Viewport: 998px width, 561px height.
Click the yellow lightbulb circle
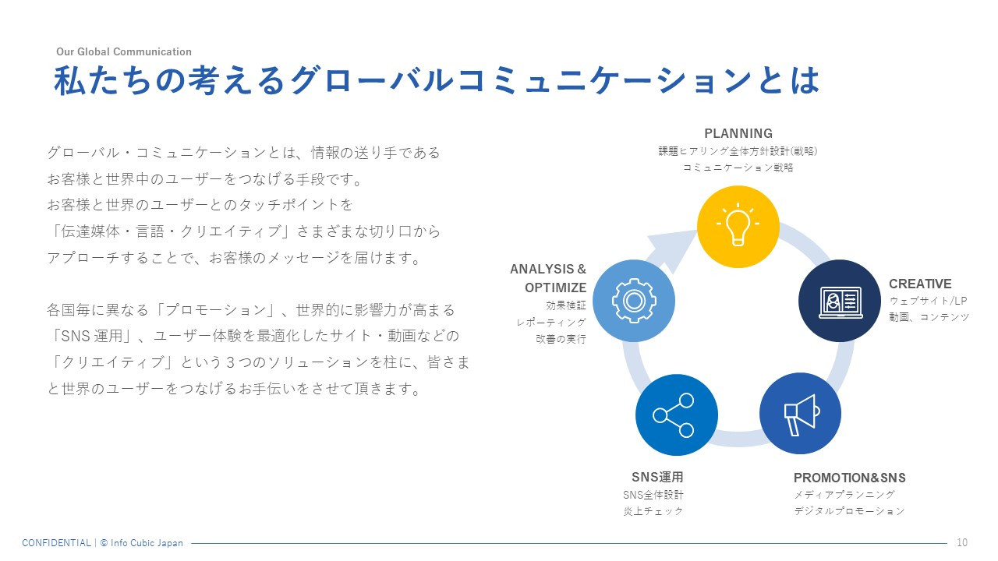738,226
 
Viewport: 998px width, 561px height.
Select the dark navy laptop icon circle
840,301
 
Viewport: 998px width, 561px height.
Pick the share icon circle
676,415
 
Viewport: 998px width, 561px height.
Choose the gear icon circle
634,301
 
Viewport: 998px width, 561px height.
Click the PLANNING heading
738,133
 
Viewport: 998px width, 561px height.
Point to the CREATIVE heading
920,284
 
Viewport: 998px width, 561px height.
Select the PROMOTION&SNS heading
849,478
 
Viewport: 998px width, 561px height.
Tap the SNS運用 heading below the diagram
656,477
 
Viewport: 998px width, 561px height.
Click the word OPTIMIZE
555,288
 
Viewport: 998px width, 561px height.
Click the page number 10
961,543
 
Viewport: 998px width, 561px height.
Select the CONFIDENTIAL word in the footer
56,543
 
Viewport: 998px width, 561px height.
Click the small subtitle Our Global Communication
123,52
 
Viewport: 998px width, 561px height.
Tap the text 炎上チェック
653,511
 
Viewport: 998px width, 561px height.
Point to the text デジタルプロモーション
849,511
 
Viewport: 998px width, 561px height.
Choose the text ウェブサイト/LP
928,301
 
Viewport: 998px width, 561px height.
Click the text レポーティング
550,322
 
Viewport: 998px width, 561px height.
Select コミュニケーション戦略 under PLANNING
738,168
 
